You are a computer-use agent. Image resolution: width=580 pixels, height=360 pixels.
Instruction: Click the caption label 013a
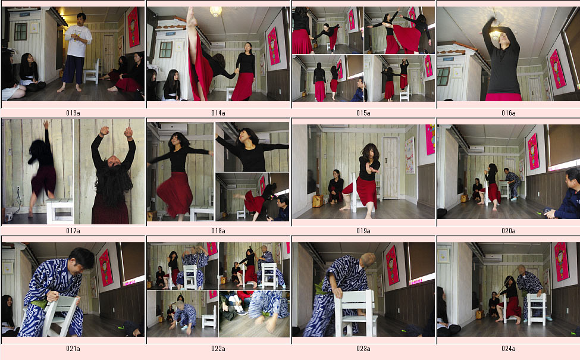click(73, 113)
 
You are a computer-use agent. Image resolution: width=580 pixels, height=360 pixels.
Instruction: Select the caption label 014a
click(218, 113)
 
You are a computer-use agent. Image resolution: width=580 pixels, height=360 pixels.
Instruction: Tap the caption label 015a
click(363, 113)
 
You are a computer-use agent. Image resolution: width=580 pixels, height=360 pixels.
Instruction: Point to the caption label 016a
click(509, 113)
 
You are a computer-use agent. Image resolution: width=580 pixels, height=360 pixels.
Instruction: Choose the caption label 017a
click(73, 230)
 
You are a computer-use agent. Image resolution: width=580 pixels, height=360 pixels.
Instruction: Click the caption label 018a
click(218, 230)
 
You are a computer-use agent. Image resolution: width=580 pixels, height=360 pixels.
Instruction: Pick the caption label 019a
click(363, 230)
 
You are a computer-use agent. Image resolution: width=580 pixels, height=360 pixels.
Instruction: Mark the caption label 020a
click(509, 230)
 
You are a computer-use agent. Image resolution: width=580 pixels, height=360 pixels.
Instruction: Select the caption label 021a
click(73, 349)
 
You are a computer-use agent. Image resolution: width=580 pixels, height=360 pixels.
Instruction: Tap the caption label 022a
click(218, 349)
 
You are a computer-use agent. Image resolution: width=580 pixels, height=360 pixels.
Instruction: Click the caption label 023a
click(363, 349)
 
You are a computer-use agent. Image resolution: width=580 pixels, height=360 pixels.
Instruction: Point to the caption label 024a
click(509, 349)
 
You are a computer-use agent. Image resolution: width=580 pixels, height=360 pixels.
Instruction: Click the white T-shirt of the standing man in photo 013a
click(78, 41)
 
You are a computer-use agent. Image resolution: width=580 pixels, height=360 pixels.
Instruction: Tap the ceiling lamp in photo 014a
click(216, 11)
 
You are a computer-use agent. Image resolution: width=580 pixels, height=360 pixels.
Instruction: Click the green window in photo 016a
click(444, 76)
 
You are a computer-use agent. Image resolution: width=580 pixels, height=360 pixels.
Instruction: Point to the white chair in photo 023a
click(356, 312)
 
